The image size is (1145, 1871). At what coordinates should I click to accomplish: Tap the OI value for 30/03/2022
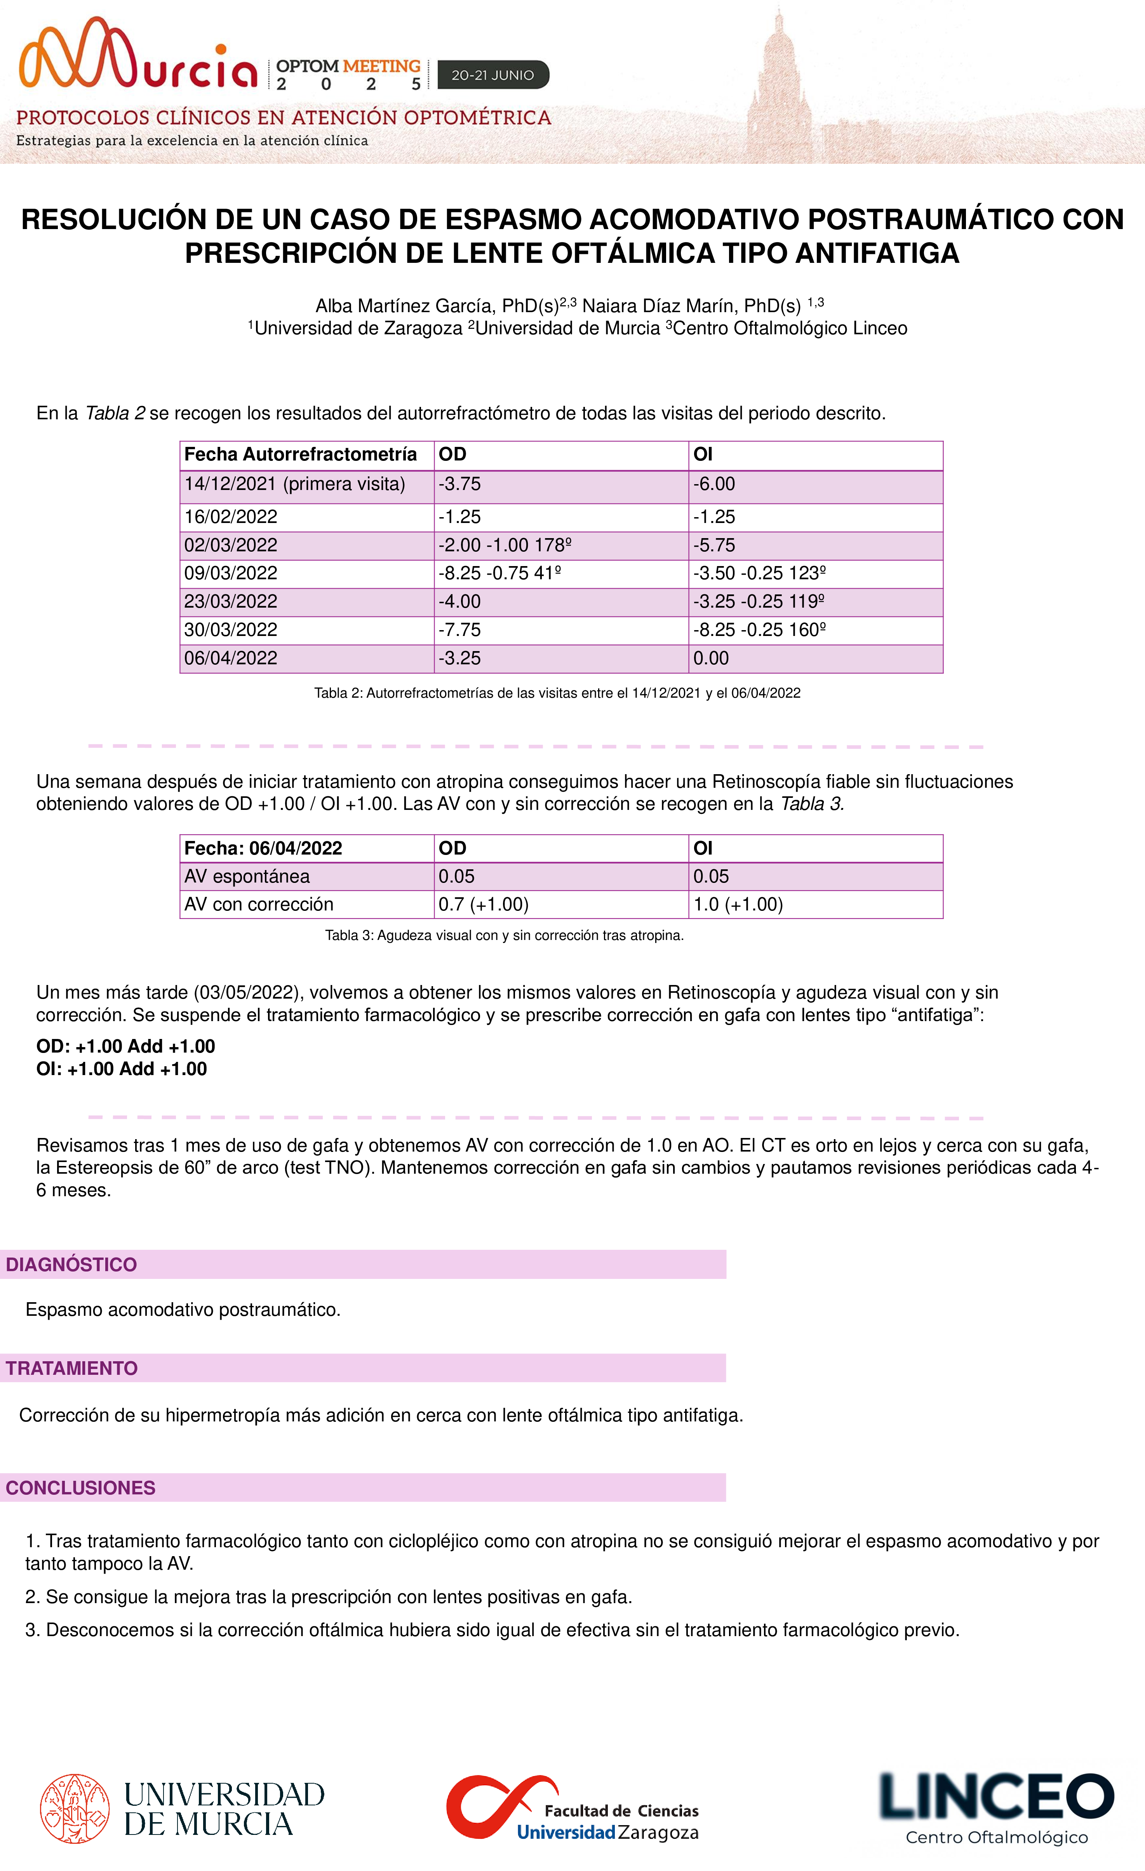pos(759,629)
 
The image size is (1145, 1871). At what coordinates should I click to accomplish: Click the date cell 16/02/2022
pos(231,517)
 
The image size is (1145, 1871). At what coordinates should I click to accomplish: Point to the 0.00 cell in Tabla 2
pos(711,658)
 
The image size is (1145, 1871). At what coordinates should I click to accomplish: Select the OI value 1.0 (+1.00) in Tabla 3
pos(738,904)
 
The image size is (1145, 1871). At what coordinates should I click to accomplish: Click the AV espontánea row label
pos(247,876)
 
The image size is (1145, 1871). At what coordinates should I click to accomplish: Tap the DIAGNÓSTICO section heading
pos(71,1264)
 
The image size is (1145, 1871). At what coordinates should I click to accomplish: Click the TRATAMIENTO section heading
pos(72,1368)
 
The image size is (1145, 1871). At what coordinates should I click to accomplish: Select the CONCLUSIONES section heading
pos(80,1487)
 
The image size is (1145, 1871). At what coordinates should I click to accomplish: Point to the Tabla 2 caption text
pos(557,693)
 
